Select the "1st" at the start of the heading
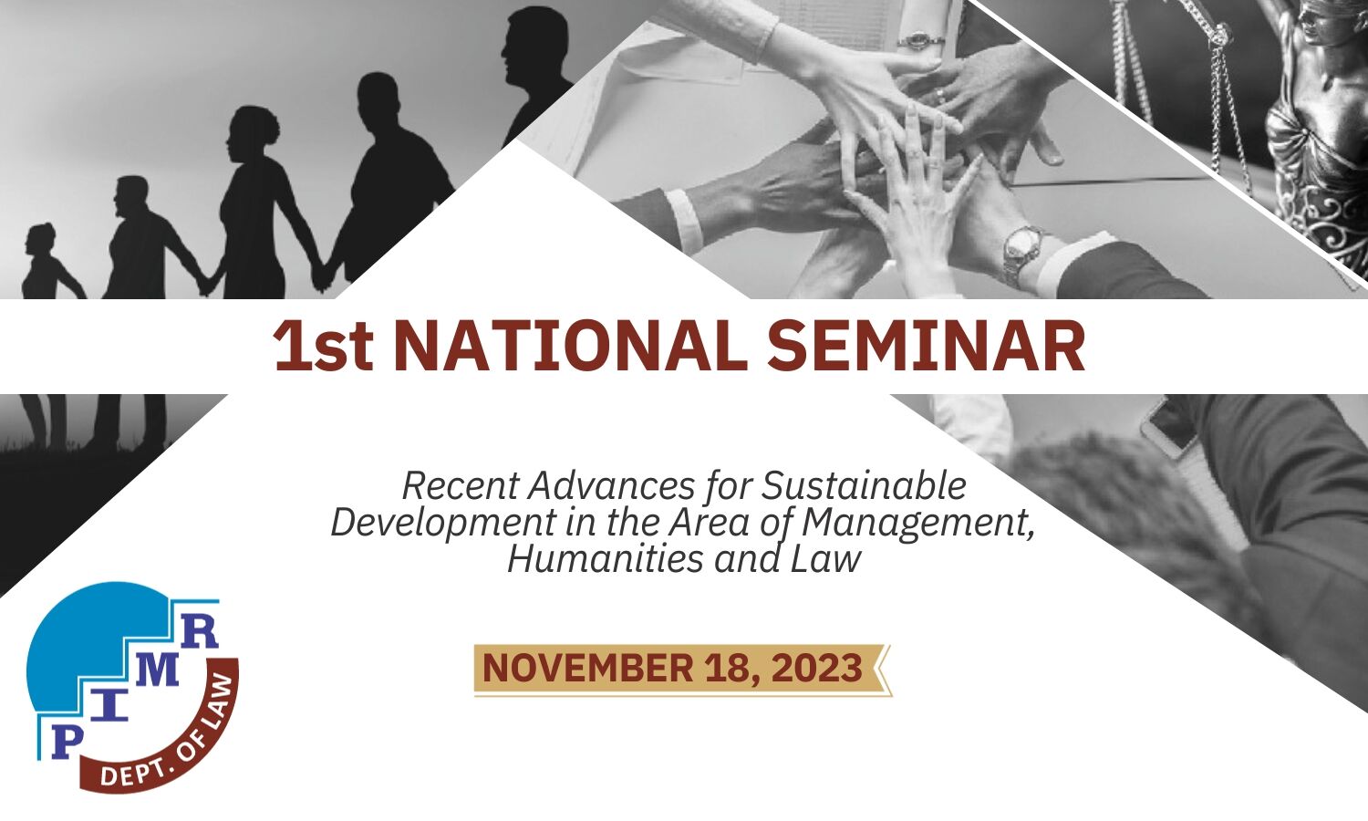pyautogui.click(x=324, y=347)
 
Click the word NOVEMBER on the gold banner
pyautogui.click(x=588, y=668)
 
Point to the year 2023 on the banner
pyautogui.click(x=817, y=668)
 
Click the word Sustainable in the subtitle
pyautogui.click(x=864, y=486)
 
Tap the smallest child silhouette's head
pyautogui.click(x=40, y=240)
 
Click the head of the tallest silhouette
pyautogui.click(x=529, y=44)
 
